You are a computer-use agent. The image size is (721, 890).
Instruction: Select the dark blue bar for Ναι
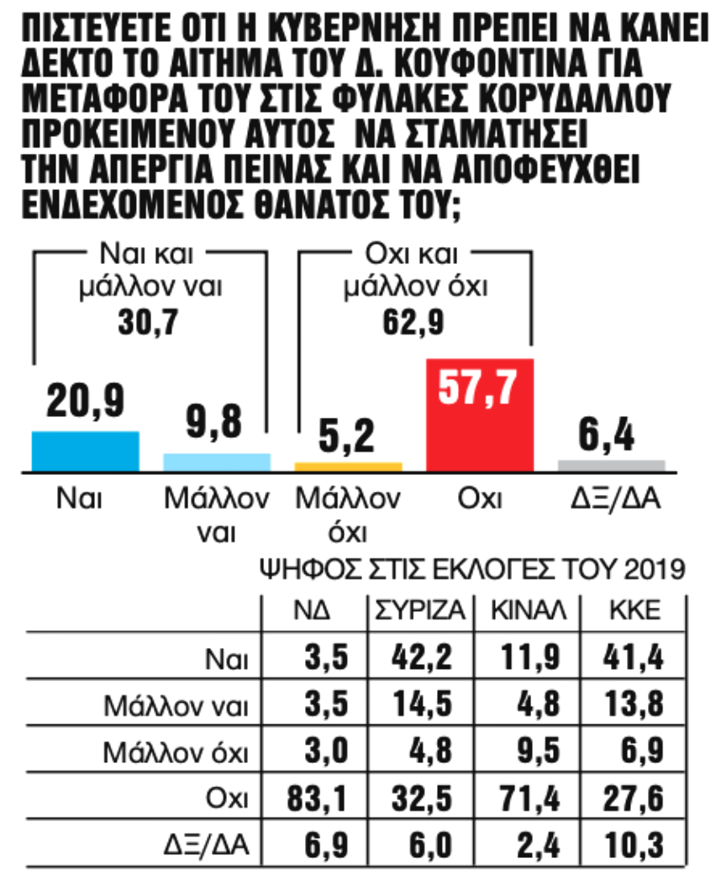(x=85, y=450)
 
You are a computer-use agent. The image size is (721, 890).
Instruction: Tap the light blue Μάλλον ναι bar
(x=217, y=461)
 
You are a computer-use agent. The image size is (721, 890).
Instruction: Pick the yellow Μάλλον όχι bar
(x=348, y=466)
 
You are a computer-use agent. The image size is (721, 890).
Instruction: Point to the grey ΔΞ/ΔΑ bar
(x=612, y=465)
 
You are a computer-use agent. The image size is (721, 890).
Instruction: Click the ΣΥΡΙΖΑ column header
(x=417, y=612)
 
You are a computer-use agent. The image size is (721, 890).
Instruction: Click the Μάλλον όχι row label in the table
(x=176, y=750)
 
